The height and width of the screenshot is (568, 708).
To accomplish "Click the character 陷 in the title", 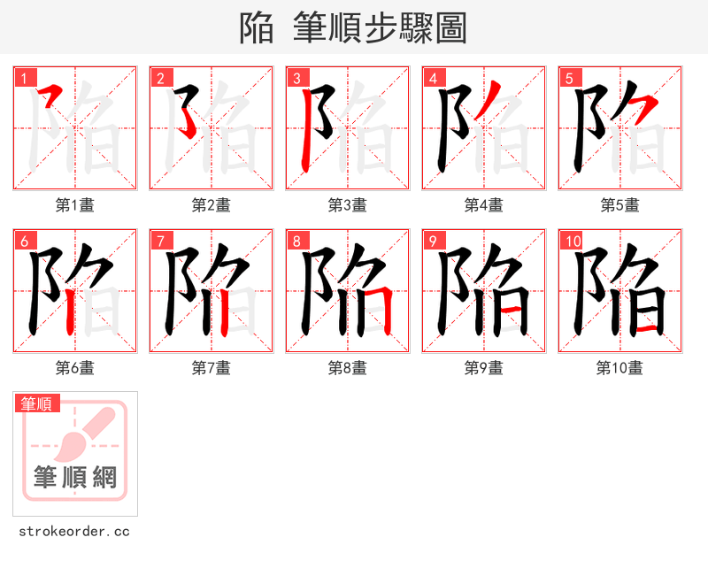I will pyautogui.click(x=257, y=28).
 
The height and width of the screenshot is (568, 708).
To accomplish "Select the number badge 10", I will pyautogui.click(x=572, y=241).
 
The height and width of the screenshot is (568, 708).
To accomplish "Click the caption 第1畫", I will pyautogui.click(x=75, y=205).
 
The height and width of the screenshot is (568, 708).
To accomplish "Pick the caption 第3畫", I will pyautogui.click(x=348, y=205).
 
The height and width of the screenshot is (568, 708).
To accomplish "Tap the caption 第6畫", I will pyautogui.click(x=75, y=368).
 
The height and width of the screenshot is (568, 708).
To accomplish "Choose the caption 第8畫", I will pyautogui.click(x=348, y=368).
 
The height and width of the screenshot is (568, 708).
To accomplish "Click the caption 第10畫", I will pyautogui.click(x=620, y=368).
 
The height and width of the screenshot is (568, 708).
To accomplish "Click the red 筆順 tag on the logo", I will pyautogui.click(x=37, y=403).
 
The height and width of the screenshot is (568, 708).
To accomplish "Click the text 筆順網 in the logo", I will pyautogui.click(x=75, y=478).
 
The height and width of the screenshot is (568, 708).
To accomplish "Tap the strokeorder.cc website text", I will pyautogui.click(x=74, y=532).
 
